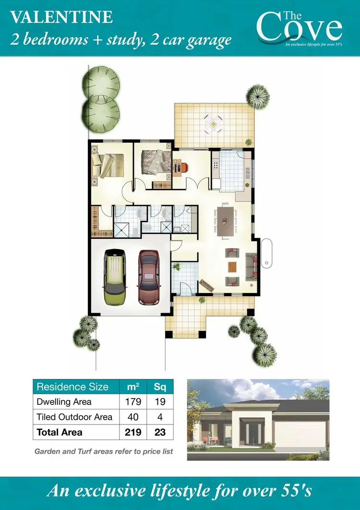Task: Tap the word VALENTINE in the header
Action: pos(61,18)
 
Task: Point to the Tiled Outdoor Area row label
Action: pos(74,417)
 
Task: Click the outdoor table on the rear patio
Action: pos(212,124)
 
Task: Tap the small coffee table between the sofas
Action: pos(232,267)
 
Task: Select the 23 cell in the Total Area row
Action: pos(160,432)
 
